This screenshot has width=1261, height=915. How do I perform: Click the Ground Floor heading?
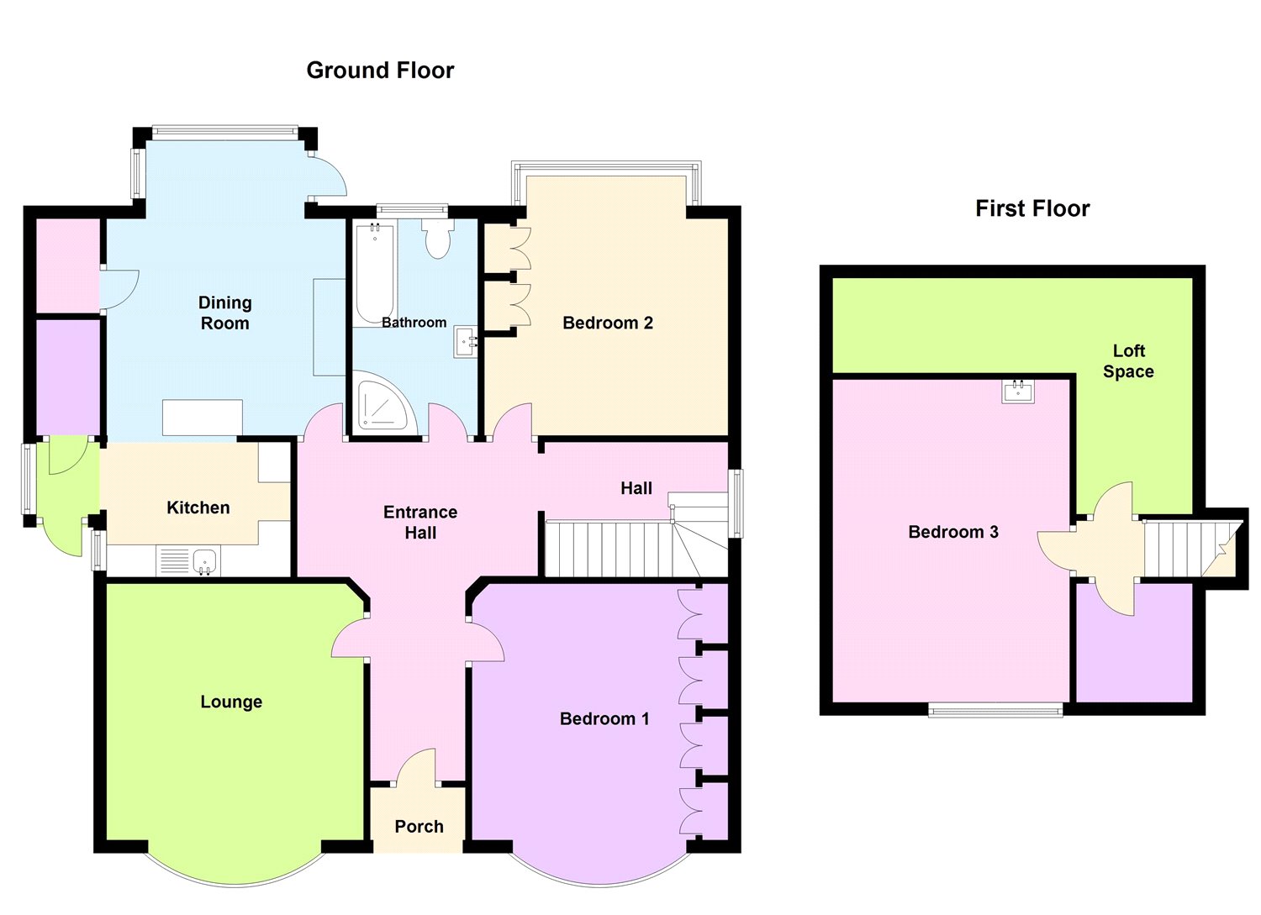(380, 71)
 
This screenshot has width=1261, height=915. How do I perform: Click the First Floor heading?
(1032, 208)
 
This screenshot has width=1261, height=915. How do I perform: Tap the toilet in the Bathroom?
(438, 239)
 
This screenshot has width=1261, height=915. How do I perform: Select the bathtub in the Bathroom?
(375, 274)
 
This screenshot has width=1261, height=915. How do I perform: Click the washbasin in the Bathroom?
(466, 343)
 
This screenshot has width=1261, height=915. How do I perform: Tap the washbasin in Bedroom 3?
(1018, 391)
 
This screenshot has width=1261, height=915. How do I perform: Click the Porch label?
(419, 826)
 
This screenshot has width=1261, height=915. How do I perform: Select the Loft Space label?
(1128, 360)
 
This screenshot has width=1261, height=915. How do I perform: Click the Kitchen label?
(198, 507)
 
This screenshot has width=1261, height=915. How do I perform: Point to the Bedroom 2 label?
(608, 323)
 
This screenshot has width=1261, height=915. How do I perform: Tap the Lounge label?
(231, 702)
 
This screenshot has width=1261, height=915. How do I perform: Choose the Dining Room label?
(225, 313)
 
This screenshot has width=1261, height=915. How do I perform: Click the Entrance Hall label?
(420, 523)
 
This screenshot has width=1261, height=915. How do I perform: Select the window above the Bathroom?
(412, 209)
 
